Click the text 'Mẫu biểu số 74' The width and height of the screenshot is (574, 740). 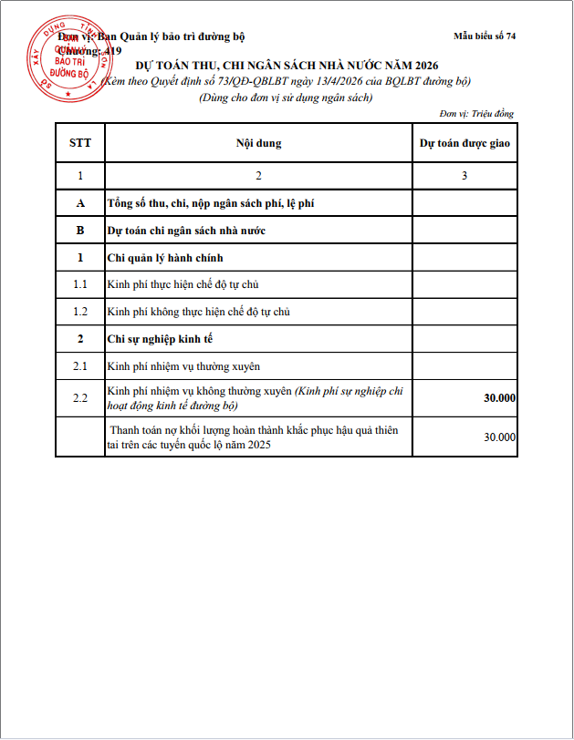coord(485,36)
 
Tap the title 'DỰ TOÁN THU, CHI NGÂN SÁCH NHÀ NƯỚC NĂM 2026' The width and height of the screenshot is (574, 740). coord(287,66)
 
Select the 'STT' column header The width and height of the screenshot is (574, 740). coord(80,143)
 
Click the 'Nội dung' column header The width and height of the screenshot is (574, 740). coord(258,143)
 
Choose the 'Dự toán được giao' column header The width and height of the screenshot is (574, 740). coord(464,143)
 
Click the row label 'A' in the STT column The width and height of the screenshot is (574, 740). coord(80,203)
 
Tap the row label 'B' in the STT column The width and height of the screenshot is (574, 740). coord(80,231)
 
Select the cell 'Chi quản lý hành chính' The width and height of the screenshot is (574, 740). coord(165,258)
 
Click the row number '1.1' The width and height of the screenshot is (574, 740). coord(80,285)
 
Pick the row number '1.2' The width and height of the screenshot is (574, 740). coord(80,312)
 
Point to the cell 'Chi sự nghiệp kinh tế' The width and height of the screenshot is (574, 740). coord(162,339)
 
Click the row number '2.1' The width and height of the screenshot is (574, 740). coord(80,366)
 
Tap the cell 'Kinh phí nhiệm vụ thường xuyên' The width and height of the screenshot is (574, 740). coord(183,366)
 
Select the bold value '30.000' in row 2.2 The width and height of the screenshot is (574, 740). coord(499,398)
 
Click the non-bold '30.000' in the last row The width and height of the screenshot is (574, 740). coord(499,437)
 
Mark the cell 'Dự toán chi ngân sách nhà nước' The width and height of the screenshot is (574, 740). coord(186,231)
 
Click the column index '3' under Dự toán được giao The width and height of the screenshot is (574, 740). coord(464,176)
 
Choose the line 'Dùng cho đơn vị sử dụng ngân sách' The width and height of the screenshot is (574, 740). coord(286,97)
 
